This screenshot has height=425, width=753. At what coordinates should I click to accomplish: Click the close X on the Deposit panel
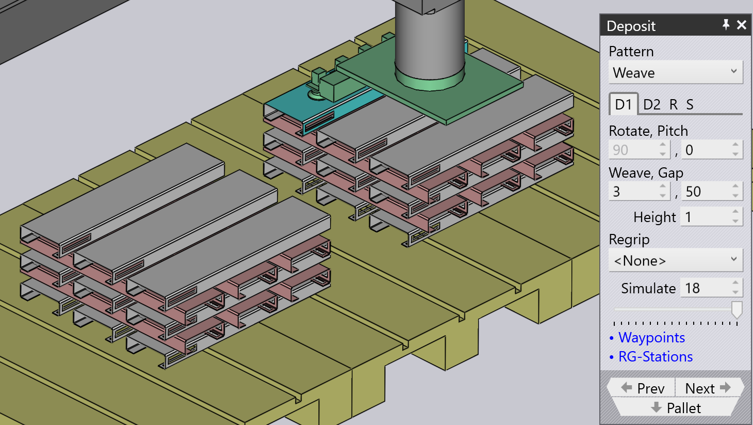[741, 25]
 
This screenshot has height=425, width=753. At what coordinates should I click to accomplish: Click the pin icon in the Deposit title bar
[726, 25]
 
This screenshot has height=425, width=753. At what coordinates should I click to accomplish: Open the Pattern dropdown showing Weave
[675, 72]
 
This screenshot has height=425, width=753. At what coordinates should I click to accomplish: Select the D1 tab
[623, 104]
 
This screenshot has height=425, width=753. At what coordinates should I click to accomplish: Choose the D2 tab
[652, 105]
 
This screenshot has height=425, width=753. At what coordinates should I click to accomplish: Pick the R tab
[674, 105]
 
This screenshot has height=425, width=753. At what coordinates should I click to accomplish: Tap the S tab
[690, 105]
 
